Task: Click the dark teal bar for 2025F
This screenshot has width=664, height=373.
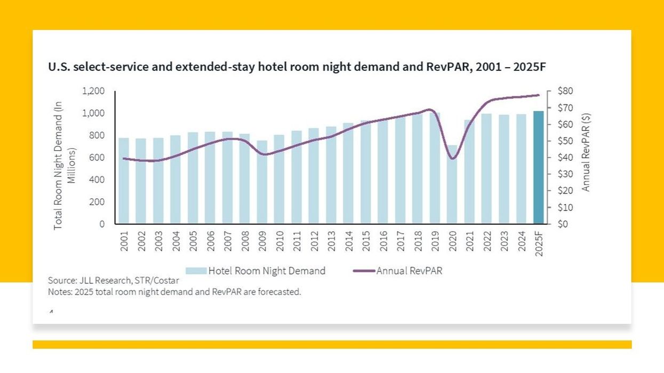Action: pos(539,167)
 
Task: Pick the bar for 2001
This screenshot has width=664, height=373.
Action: pos(124,181)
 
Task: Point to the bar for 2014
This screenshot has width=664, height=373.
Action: pos(348,173)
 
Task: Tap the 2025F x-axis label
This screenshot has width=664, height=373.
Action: pos(539,243)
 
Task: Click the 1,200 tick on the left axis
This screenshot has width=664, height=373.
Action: pos(94,91)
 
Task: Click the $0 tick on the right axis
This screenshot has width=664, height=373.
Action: pos(563,224)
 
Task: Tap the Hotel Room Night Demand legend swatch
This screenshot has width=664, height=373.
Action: pos(196,271)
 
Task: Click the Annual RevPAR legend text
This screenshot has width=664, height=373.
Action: pos(409,271)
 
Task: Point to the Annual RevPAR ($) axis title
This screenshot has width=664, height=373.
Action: pos(586,152)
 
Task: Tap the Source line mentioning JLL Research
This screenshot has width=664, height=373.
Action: pos(113,280)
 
